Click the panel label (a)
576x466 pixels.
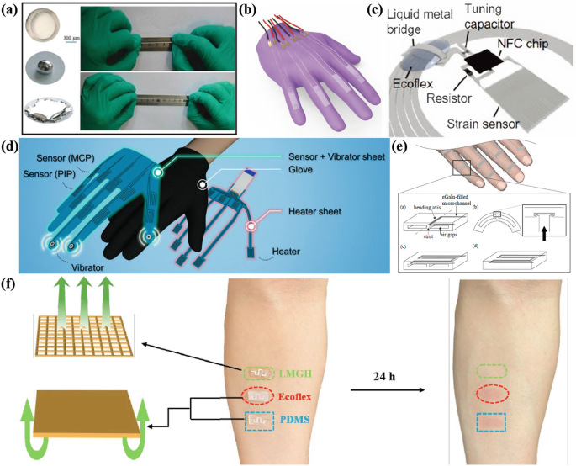(x=13, y=11)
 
